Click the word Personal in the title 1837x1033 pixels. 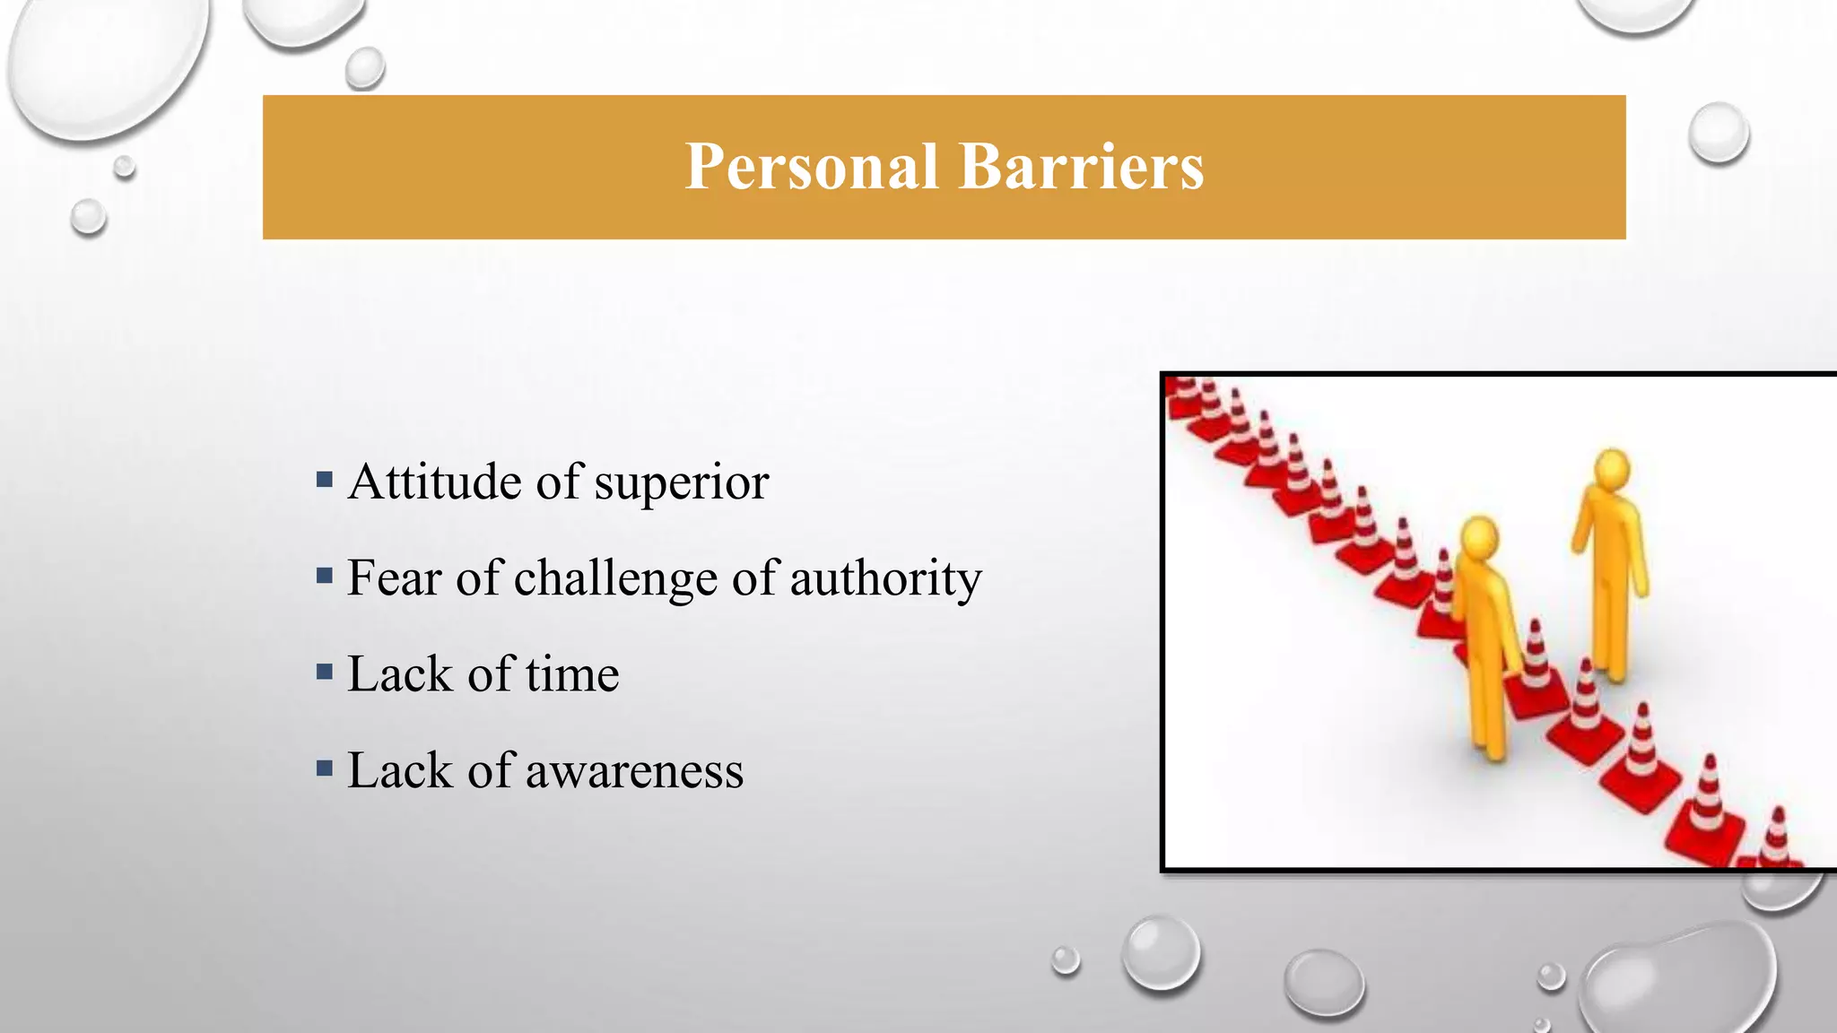coord(811,168)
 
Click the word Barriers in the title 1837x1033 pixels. coord(1081,168)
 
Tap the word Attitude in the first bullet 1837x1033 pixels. coord(434,482)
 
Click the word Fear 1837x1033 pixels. coord(394,577)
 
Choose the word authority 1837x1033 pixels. coord(885,579)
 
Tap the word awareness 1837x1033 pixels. coord(634,772)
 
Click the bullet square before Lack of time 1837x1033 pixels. coord(325,672)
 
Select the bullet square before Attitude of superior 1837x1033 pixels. coord(325,480)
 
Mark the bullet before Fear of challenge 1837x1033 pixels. coord(325,576)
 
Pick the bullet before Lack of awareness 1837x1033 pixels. coord(325,768)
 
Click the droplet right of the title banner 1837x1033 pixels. coord(1718,133)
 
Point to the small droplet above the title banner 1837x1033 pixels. coord(365,67)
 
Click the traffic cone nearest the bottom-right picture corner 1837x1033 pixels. coord(1774,843)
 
